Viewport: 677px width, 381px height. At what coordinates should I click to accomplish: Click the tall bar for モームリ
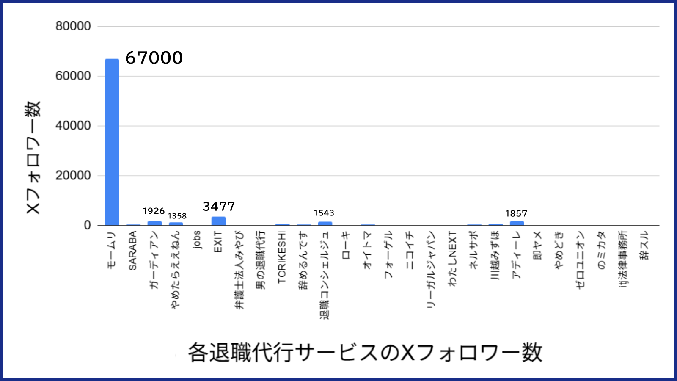tap(112, 142)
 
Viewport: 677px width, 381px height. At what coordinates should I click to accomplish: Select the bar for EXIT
tap(218, 221)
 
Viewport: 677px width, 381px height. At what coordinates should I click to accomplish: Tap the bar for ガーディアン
tap(154, 223)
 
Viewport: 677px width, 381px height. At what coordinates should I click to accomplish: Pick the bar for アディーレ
tap(517, 223)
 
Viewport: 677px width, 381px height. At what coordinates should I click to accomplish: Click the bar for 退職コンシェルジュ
tap(325, 224)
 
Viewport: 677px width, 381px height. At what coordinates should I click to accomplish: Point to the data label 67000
tap(154, 58)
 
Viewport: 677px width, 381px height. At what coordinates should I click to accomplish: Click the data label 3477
tap(218, 207)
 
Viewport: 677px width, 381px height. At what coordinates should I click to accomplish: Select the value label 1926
tap(154, 211)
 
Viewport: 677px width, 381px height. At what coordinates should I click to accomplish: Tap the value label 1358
tap(177, 216)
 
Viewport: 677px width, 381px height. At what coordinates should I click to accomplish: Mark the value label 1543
tap(324, 213)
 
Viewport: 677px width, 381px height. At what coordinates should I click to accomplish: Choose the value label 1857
tap(516, 214)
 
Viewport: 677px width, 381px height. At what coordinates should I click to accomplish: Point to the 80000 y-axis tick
tap(73, 26)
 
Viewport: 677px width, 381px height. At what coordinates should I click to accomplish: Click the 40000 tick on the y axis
tap(73, 126)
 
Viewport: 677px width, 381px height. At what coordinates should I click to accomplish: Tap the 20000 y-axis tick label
tap(73, 176)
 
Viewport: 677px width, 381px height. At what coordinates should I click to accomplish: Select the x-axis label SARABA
tap(133, 251)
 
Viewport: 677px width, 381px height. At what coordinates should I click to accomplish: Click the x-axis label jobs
tap(197, 240)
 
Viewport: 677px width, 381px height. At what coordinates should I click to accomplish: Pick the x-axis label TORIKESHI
tap(282, 257)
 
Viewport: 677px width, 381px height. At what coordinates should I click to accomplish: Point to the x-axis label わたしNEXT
tap(453, 258)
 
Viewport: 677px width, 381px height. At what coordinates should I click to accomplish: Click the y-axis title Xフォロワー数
tap(33, 157)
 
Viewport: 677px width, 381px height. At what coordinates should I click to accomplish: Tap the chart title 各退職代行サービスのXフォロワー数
tap(365, 353)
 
